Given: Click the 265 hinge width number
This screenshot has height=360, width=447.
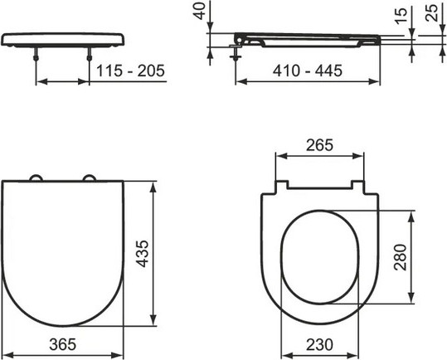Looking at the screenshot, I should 320,145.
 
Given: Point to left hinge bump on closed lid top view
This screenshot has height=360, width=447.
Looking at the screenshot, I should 36,178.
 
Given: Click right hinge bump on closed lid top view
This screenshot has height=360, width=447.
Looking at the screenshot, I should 90,178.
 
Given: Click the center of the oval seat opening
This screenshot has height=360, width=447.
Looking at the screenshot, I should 319,257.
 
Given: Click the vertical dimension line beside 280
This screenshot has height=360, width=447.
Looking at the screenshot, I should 412,257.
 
